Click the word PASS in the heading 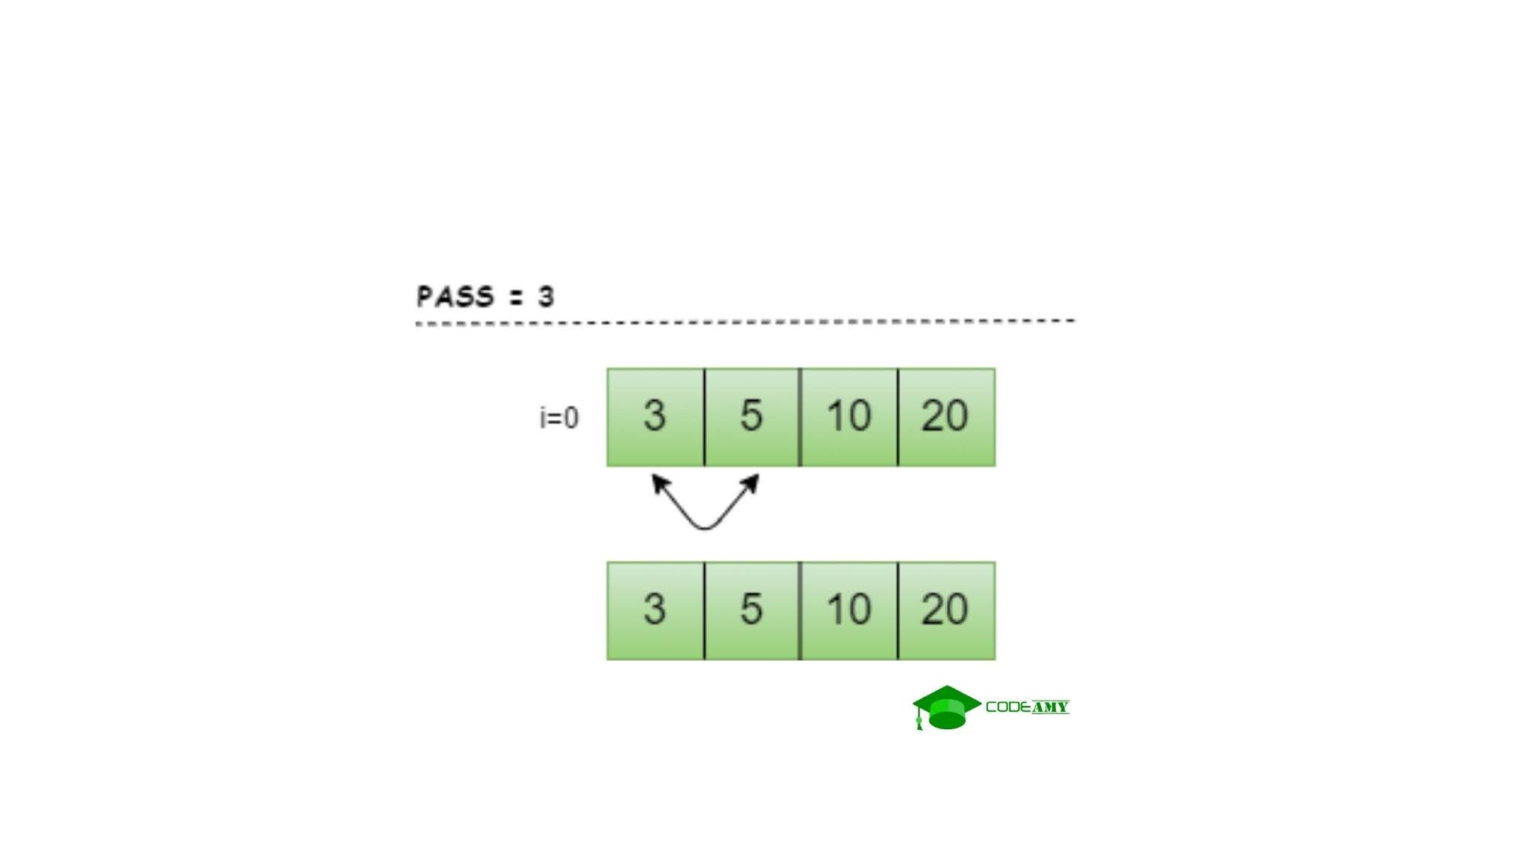455,296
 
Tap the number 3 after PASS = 546,296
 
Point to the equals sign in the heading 515,297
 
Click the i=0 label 559,418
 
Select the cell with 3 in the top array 655,417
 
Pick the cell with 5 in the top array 751,417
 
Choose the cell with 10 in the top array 849,417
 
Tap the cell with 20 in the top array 946,417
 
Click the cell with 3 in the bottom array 655,610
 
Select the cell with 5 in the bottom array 751,610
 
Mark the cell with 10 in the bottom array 849,610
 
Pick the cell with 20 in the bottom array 946,610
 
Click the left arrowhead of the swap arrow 659,483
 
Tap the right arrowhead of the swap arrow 751,483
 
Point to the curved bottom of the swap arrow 705,527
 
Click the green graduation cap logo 947,707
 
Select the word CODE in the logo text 1008,707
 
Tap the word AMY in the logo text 1050,707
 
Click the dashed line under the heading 744,322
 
